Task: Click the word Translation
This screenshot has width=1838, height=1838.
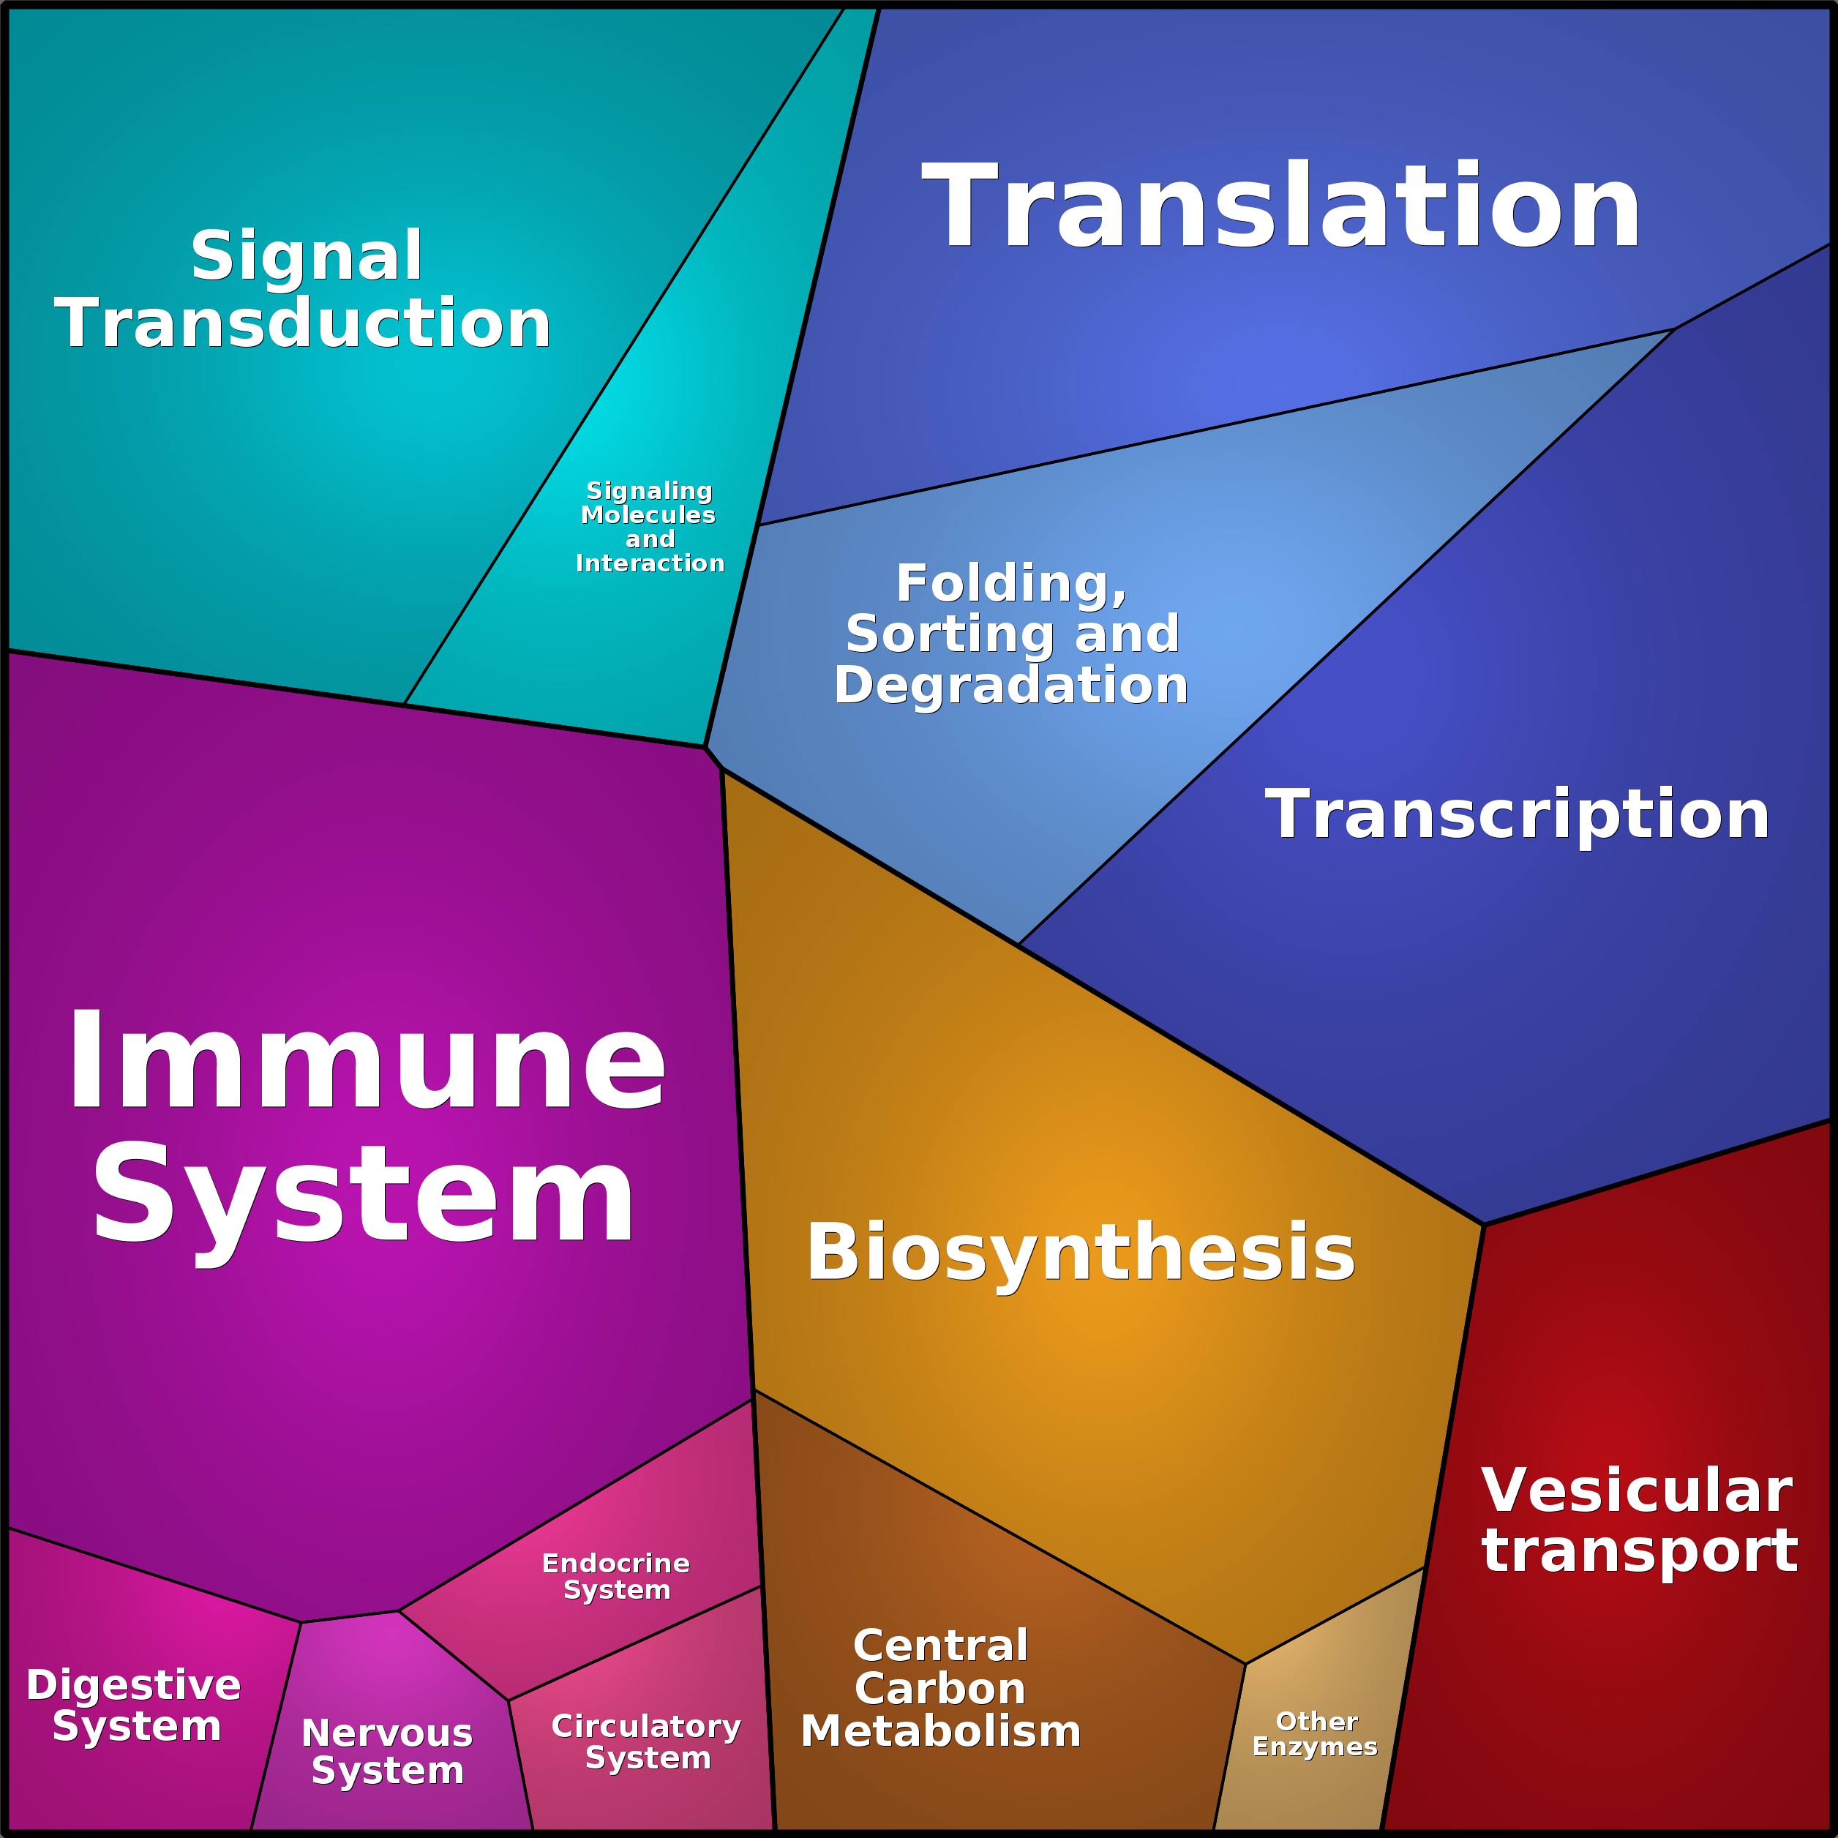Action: point(1280,207)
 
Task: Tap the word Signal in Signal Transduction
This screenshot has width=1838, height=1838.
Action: point(307,256)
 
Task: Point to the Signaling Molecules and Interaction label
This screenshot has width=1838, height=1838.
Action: point(650,527)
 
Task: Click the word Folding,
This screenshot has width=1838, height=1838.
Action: point(1011,583)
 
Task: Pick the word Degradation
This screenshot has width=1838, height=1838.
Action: point(1011,685)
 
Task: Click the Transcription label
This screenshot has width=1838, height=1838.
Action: point(1517,814)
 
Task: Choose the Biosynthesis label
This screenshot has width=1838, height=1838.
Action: point(1080,1252)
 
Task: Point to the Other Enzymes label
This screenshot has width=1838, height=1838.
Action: point(1315,1733)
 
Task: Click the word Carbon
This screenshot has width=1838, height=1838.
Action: point(940,1689)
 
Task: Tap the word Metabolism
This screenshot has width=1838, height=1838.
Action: point(941,1731)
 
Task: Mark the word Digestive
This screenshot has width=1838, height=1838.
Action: point(133,1685)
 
